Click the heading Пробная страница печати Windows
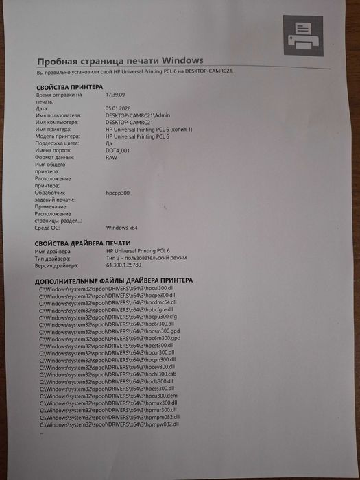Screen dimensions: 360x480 point(120,61)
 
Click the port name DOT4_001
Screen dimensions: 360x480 point(119,150)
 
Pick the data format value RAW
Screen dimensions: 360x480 point(112,158)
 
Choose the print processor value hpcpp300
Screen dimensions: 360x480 point(118,193)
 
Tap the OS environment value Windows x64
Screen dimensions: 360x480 point(123,228)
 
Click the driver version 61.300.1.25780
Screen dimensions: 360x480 point(129,265)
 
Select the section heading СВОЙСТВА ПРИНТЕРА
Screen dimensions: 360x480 point(69,87)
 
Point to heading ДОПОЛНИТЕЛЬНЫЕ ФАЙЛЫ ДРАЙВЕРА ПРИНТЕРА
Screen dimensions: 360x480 point(114,280)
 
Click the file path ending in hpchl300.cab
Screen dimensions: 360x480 point(108,374)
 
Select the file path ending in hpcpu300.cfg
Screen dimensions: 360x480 point(108,317)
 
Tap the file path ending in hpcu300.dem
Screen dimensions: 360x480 point(108,396)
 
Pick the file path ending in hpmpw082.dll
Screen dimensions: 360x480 point(110,424)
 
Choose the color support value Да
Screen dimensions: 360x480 point(110,143)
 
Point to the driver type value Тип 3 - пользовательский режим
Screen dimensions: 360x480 point(151,258)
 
